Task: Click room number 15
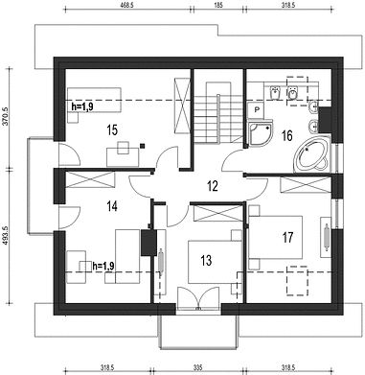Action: click(112, 130)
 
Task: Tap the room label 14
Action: click(112, 206)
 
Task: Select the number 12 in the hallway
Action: click(213, 186)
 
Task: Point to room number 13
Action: click(207, 260)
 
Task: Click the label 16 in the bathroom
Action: click(287, 135)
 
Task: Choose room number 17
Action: click(287, 238)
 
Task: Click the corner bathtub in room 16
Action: click(311, 155)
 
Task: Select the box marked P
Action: click(257, 109)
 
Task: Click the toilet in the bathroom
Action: click(292, 93)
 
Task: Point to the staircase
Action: click(218, 113)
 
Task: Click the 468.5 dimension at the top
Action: click(128, 6)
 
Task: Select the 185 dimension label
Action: click(218, 6)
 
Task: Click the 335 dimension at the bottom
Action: click(197, 367)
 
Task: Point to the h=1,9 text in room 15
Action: click(81, 106)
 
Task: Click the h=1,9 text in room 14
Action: click(103, 266)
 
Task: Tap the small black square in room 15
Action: click(142, 146)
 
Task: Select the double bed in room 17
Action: click(275, 237)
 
